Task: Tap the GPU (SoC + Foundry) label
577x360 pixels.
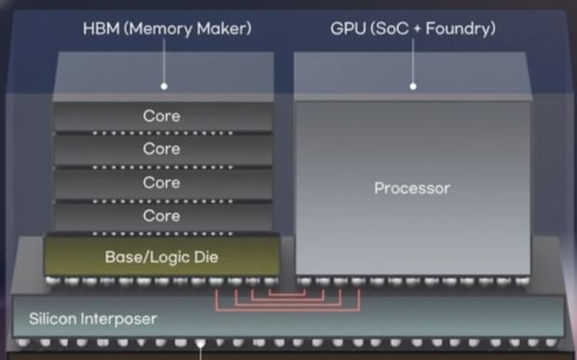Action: pos(412,29)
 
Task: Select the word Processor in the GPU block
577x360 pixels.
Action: pos(411,188)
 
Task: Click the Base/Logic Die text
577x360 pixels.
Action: pos(162,255)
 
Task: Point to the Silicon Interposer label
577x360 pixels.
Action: pos(92,319)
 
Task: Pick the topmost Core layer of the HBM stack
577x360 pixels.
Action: pos(162,117)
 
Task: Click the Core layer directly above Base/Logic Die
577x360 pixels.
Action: pos(162,217)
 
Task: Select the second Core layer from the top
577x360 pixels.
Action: pos(162,150)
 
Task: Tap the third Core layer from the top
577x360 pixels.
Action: pos(162,183)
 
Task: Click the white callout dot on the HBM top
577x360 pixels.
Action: pos(164,86)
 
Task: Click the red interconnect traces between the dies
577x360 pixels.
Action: pos(288,297)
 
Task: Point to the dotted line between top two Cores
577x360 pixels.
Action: pos(162,133)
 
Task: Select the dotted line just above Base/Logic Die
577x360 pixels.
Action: pos(162,233)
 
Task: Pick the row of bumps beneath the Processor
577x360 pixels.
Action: pos(412,280)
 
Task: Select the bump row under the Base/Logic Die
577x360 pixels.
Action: pos(162,280)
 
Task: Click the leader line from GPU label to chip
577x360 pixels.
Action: pos(412,61)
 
